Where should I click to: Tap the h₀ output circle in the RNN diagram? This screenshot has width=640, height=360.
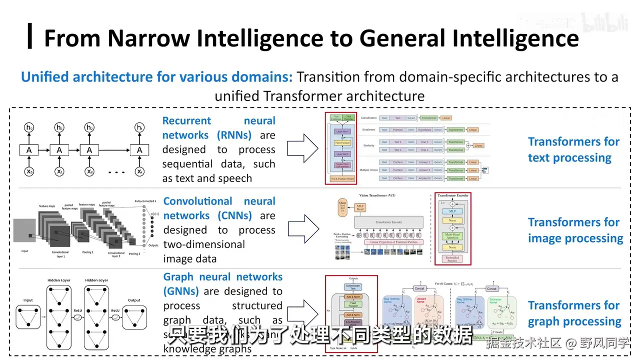[29, 128]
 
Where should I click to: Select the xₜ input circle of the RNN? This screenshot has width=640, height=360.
[139, 171]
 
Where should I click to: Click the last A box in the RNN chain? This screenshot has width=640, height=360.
[139, 149]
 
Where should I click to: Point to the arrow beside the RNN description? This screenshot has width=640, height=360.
[303, 148]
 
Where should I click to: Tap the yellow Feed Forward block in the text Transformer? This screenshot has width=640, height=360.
[342, 143]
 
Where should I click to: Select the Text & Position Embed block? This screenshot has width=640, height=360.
[342, 178]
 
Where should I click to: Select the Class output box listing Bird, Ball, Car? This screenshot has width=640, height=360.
[342, 206]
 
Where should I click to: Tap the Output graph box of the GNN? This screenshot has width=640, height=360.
[134, 317]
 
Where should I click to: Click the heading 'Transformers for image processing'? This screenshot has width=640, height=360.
[575, 230]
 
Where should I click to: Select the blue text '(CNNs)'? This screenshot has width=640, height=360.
[234, 215]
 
